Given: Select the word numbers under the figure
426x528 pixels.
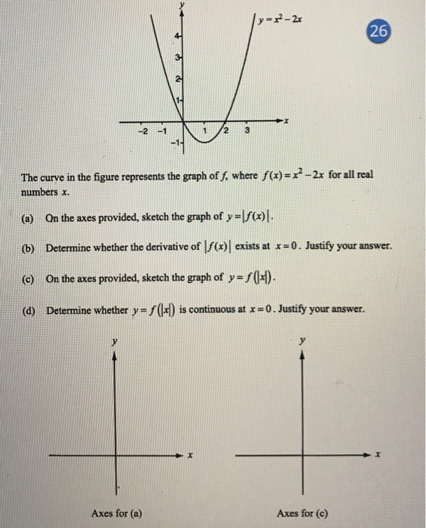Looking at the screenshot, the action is click(40, 192).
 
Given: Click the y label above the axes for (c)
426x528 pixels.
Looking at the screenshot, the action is click(302, 342).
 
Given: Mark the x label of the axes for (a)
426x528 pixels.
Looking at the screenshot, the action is click(192, 456).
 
